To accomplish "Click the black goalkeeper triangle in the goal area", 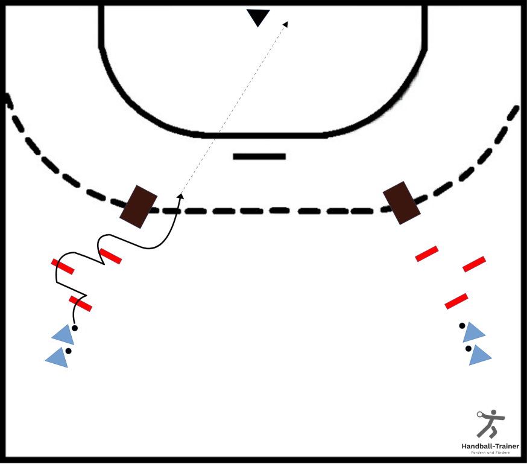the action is click(x=258, y=16).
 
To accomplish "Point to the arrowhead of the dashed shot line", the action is click(x=286, y=24).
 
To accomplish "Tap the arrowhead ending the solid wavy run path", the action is click(x=180, y=196).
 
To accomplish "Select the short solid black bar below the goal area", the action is click(x=259, y=156).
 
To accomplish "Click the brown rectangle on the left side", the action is click(x=139, y=207).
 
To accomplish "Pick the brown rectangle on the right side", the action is click(x=402, y=203).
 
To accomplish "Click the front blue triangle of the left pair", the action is click(x=64, y=334).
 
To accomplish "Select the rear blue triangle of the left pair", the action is click(x=57, y=358).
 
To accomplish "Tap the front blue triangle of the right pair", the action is click(x=473, y=332).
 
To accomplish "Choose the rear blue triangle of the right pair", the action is click(x=479, y=355).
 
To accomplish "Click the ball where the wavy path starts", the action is click(x=75, y=328).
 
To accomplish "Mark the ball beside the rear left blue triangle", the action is click(x=69, y=351).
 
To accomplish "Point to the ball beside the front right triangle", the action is click(x=462, y=325).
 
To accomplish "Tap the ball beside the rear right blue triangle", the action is click(x=469, y=349).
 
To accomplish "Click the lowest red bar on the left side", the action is click(x=80, y=304).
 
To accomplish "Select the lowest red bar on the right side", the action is click(x=456, y=301).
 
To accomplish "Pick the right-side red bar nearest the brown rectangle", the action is click(x=427, y=254).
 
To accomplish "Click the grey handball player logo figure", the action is click(x=490, y=424).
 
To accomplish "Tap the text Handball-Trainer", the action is click(x=490, y=446).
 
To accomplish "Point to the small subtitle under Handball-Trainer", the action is click(x=490, y=453).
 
